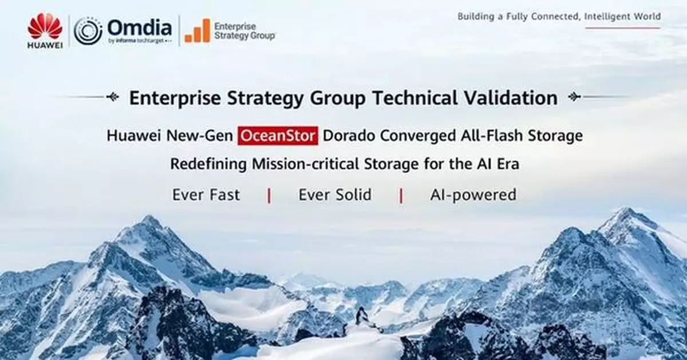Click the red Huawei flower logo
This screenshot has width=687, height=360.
[45, 26]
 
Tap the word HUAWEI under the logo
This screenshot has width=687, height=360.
[45, 45]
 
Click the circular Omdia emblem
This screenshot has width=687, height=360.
[88, 31]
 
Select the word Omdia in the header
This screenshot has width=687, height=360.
[139, 27]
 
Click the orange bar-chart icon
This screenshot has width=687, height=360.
[198, 31]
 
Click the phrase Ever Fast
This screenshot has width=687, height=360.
[206, 195]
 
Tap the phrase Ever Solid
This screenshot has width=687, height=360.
[335, 195]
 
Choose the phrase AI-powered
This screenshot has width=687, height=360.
[473, 195]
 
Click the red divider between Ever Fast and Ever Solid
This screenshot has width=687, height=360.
[269, 195]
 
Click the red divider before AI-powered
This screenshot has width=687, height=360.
[401, 195]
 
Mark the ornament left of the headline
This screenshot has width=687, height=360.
[113, 97]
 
